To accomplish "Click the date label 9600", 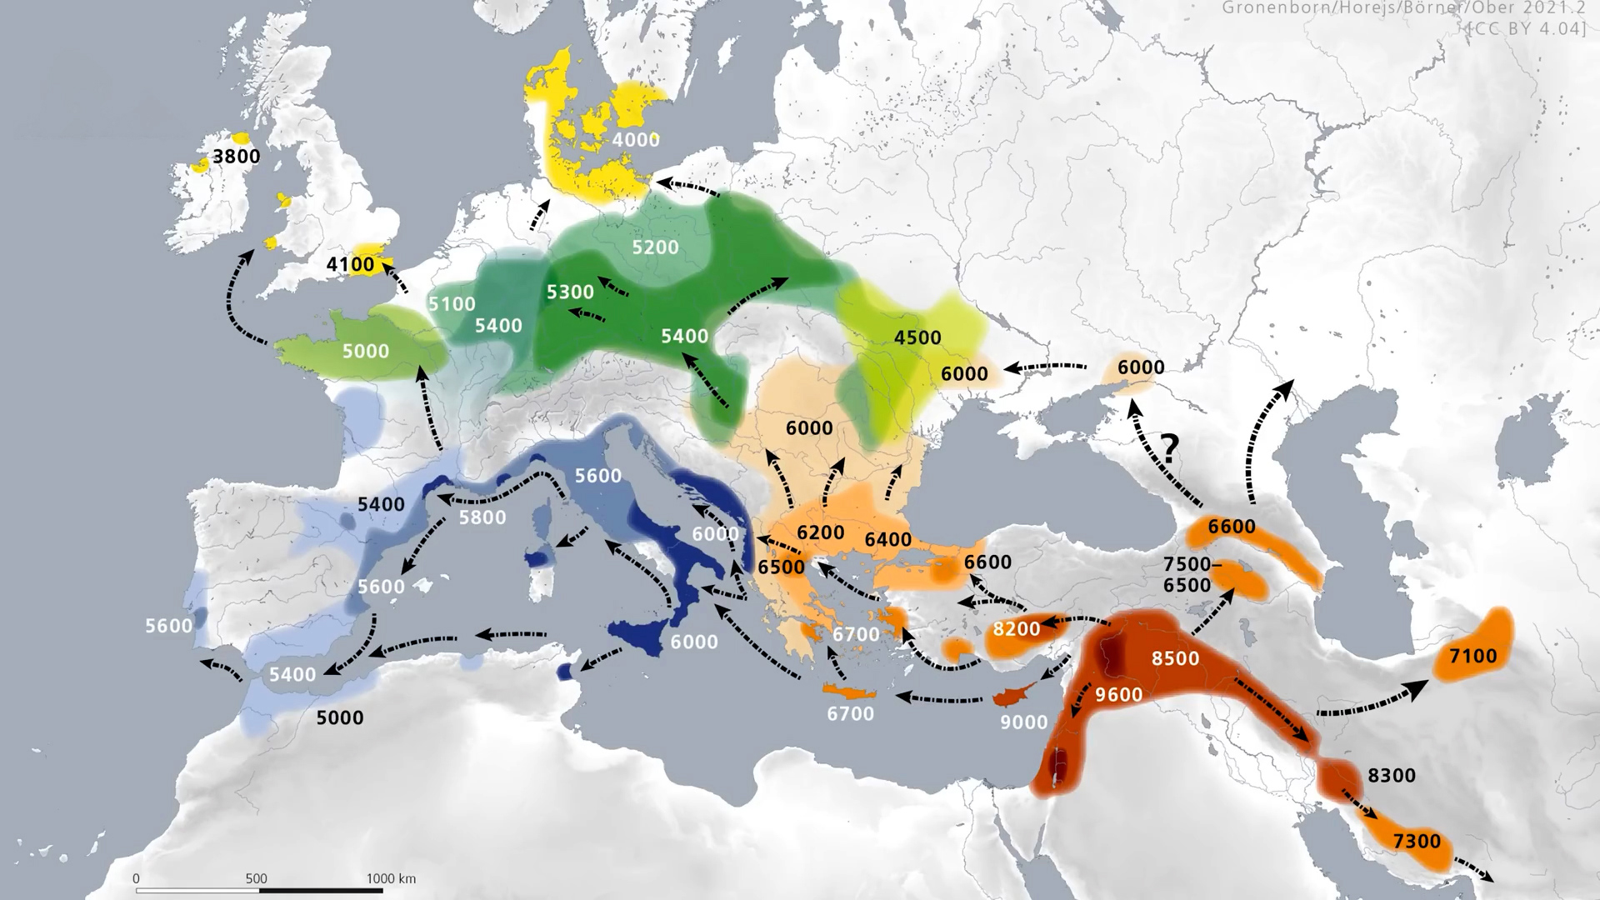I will pyautogui.click(x=1118, y=694).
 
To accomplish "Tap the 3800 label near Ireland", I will pyautogui.click(x=236, y=156).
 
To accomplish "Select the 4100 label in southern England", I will pyautogui.click(x=350, y=264).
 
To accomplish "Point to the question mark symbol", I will pyautogui.click(x=1170, y=449).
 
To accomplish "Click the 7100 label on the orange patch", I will pyautogui.click(x=1472, y=656).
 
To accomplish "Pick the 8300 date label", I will pyautogui.click(x=1392, y=775).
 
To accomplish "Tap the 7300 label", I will pyautogui.click(x=1417, y=841).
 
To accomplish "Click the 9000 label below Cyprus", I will pyautogui.click(x=1023, y=722).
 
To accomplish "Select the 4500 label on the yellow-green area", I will pyautogui.click(x=917, y=337).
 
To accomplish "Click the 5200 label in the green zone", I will pyautogui.click(x=655, y=247).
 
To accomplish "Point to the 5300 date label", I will pyautogui.click(x=570, y=292).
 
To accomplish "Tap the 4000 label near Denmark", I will pyautogui.click(x=635, y=139).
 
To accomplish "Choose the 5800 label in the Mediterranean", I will pyautogui.click(x=482, y=517).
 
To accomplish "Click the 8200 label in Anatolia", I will pyautogui.click(x=1017, y=628).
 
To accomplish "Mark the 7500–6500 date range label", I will pyautogui.click(x=1192, y=575).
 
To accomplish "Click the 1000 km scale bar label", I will pyautogui.click(x=391, y=878).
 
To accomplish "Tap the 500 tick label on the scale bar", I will pyautogui.click(x=257, y=878).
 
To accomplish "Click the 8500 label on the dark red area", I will pyautogui.click(x=1175, y=658).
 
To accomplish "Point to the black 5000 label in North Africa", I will pyautogui.click(x=340, y=717).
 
